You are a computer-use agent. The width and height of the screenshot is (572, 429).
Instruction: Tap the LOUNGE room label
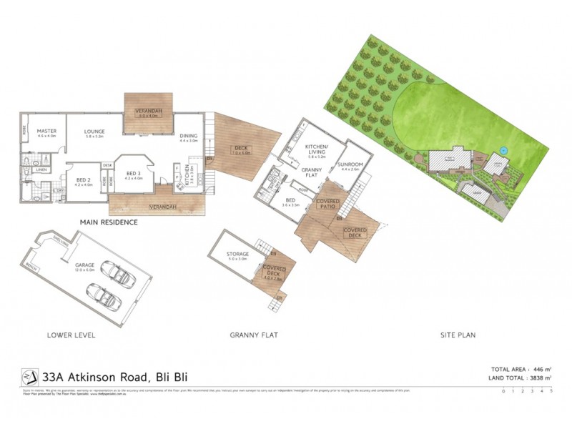pyautogui.click(x=95, y=131)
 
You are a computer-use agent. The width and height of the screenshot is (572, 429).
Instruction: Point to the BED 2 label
pyautogui.click(x=84, y=179)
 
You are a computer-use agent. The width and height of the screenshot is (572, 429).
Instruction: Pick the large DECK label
pyautogui.click(x=240, y=148)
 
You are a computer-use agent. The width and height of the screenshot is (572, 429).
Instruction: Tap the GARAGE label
pyautogui.click(x=85, y=265)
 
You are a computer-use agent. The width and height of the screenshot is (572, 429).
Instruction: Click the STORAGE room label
pyautogui.click(x=238, y=254)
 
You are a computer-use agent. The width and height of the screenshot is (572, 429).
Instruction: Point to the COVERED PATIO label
pyautogui.click(x=327, y=204)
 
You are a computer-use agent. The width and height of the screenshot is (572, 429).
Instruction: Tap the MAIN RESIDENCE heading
pyautogui.click(x=109, y=222)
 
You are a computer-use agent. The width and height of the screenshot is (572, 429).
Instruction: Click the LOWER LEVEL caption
pyautogui.click(x=71, y=334)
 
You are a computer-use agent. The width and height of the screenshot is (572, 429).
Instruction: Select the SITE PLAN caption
pyautogui.click(x=458, y=334)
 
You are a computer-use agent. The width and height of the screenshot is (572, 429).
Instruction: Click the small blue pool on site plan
pyautogui.click(x=504, y=151)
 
